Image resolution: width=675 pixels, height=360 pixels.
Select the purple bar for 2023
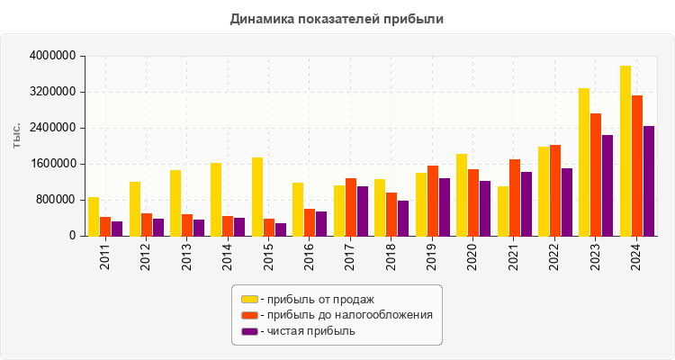pos(607,185)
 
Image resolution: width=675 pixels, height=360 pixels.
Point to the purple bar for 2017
pos(362,211)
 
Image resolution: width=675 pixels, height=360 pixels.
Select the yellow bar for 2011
pos(94,217)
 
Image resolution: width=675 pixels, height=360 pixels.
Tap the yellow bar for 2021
pos(503,211)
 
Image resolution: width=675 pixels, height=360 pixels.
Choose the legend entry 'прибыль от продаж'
pos(316,299)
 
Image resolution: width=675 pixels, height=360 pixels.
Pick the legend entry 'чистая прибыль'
pos(307,331)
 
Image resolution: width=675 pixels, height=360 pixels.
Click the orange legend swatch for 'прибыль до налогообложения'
pos(249,315)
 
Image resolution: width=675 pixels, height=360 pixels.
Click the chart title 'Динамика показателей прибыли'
pos(337,18)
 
